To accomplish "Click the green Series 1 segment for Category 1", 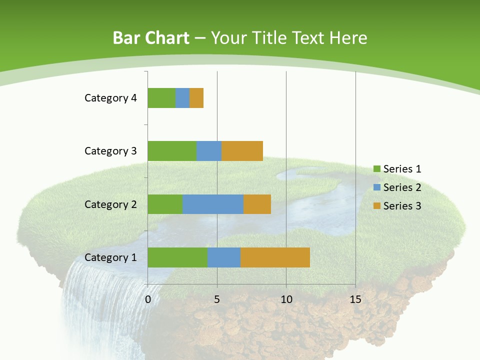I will click(177, 257).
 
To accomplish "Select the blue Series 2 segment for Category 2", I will click(213, 204).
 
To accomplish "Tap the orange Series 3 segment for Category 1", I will click(275, 257).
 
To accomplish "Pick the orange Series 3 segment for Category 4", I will click(196, 98).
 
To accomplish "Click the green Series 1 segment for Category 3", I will click(172, 151).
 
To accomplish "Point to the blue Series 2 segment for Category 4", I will click(182, 98).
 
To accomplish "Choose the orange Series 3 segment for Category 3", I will click(242, 151).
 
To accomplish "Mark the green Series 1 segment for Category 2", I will click(165, 204).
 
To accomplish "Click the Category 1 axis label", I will click(110, 257).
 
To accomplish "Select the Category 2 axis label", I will click(110, 204).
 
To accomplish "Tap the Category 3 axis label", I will click(110, 151).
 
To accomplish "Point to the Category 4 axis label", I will click(110, 98).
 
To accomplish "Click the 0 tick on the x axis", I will click(148, 299).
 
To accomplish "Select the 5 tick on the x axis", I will click(217, 299).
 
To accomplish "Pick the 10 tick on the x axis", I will click(286, 299).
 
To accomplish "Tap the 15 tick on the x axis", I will click(355, 299).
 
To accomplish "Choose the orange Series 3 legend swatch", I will click(377, 205).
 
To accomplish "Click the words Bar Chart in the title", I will click(151, 38).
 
